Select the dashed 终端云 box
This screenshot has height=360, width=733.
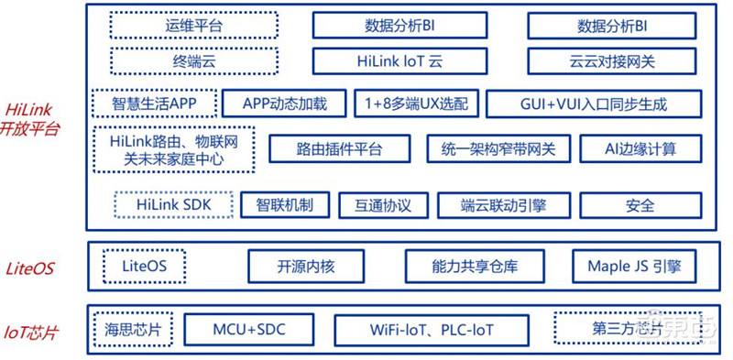coord(168,61)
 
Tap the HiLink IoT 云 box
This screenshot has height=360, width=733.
coord(399,61)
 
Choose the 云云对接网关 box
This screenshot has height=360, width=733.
coord(611,61)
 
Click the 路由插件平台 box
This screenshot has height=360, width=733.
coord(339,148)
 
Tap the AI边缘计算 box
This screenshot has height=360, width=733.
coord(629,148)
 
